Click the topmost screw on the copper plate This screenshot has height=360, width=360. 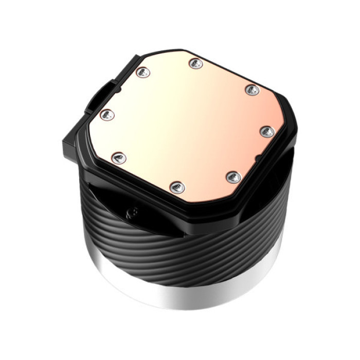pyautogui.click(x=195, y=64)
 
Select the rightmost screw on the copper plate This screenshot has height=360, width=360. pyautogui.click(x=267, y=132)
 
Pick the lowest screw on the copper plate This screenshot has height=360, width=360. pyautogui.click(x=177, y=187)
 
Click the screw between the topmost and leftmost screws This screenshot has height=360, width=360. pyautogui.click(x=143, y=73)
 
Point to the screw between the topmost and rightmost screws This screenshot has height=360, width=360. pyautogui.click(x=252, y=90)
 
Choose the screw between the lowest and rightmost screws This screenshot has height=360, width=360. pyautogui.click(x=233, y=177)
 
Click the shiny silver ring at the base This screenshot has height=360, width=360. pyautogui.click(x=185, y=293)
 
